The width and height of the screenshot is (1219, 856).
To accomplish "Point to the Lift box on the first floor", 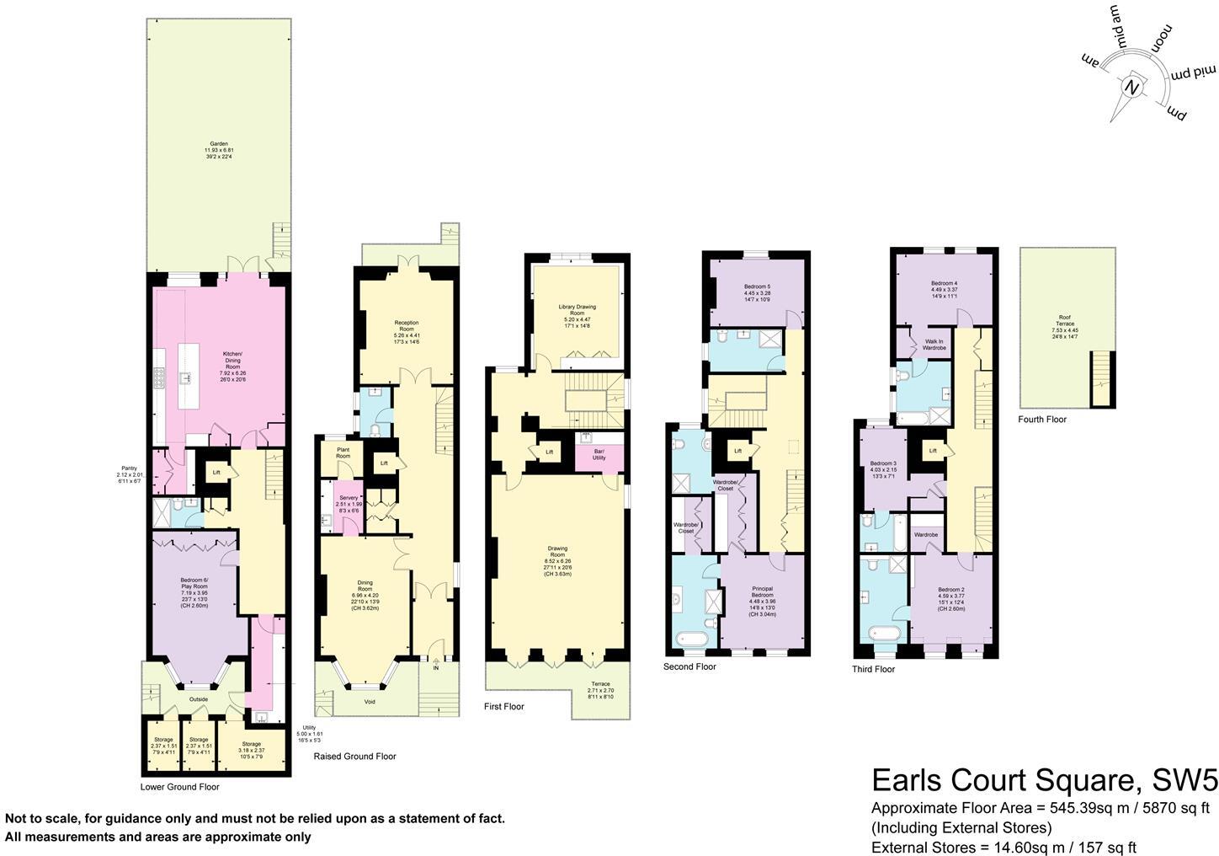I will point(550,452).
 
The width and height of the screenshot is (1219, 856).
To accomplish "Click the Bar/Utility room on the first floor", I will point(599,455).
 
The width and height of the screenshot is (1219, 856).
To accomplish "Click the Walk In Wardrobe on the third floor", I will point(934,345).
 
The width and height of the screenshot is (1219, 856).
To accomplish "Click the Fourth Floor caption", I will point(1041,419).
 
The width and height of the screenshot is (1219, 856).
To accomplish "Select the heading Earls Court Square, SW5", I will point(1044,780).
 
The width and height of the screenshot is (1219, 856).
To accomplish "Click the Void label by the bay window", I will point(370,702).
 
